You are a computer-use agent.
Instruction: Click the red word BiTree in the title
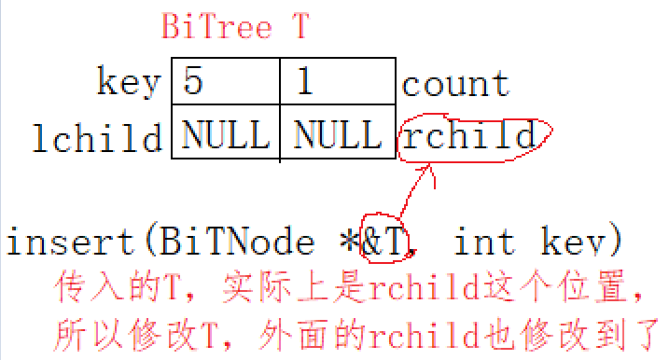click(216, 27)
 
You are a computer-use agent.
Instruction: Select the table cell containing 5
click(225, 84)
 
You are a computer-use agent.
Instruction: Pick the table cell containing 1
click(337, 84)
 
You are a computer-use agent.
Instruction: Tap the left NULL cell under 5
click(225, 137)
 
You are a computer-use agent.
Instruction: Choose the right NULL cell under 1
click(337, 137)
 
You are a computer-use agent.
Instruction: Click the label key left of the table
click(129, 84)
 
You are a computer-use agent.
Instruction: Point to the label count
click(455, 84)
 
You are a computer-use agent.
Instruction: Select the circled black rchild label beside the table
click(468, 137)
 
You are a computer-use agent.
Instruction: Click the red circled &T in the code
click(386, 242)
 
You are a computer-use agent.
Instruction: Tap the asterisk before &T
click(347, 241)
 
